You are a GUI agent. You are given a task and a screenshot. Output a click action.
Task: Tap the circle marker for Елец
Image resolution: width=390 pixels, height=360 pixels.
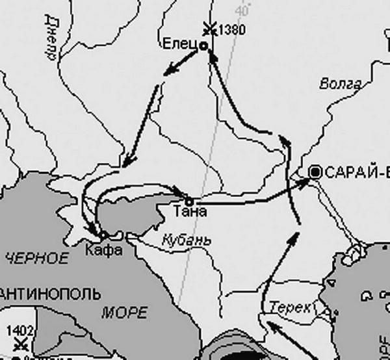tap(203, 46)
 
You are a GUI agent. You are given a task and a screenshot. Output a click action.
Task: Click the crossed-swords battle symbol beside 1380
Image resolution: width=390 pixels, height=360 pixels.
tap(209, 28)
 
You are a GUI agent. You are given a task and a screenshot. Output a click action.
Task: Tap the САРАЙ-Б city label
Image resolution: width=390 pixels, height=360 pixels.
tap(356, 172)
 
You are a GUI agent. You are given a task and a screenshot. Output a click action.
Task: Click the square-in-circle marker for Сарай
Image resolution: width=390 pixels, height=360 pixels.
tap(316, 172)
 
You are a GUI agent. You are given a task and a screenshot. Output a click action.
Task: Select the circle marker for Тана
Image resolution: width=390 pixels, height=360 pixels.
tap(189, 199)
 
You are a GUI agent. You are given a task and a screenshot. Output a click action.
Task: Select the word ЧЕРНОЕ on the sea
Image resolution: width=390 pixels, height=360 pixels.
tap(36, 258)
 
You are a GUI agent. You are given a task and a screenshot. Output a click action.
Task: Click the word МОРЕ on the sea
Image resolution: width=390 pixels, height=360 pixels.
tap(124, 313)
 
